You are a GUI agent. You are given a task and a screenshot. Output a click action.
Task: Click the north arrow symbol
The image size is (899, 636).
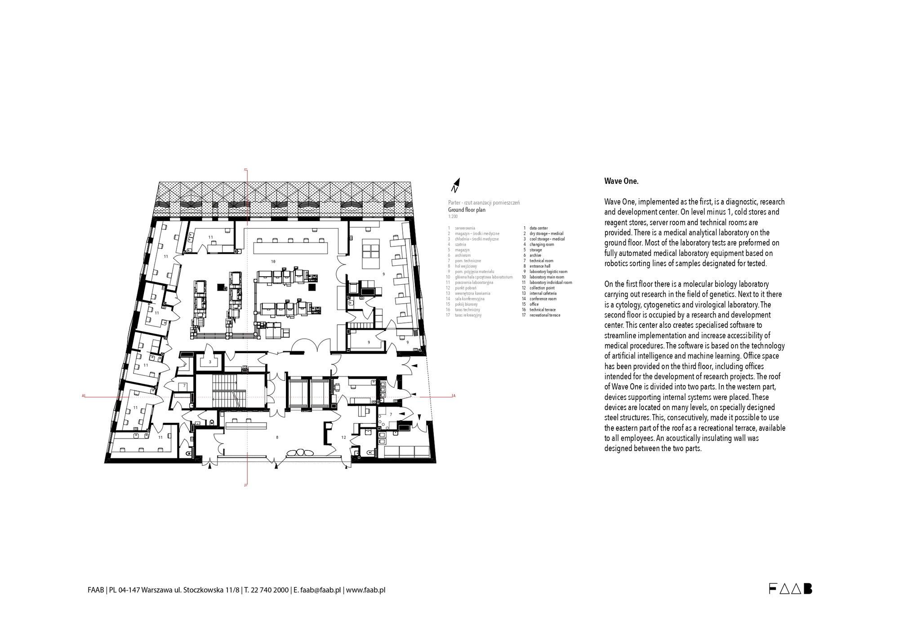(x=456, y=185)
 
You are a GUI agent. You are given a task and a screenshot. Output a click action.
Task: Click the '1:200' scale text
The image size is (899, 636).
(x=453, y=217)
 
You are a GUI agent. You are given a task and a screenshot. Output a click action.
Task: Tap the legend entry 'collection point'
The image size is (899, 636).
(x=542, y=288)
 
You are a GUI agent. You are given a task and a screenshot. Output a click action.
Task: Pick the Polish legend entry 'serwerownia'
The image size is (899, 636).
(x=465, y=228)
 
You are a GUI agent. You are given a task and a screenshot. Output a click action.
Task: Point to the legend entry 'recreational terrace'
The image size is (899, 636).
(x=544, y=315)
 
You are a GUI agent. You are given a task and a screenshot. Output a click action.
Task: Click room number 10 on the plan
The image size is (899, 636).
(x=273, y=261)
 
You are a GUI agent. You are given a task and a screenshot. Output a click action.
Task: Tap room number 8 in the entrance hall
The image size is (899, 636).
(x=277, y=437)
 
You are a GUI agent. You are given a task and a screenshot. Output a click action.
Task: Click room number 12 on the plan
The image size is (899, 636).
(x=343, y=437)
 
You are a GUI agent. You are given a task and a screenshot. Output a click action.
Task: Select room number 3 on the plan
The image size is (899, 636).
(x=210, y=362)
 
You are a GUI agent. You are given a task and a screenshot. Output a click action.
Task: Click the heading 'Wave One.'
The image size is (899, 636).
(x=621, y=181)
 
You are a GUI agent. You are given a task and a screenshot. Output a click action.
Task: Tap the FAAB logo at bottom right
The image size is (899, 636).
(x=790, y=589)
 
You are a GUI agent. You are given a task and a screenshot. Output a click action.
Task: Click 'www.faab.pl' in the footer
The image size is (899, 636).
(x=365, y=590)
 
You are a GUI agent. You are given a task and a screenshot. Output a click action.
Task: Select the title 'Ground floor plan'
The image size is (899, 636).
(x=467, y=210)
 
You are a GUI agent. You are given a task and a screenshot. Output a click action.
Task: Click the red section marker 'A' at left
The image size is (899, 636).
(x=84, y=396)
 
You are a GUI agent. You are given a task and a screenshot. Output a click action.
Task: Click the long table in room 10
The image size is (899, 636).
(x=290, y=248)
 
